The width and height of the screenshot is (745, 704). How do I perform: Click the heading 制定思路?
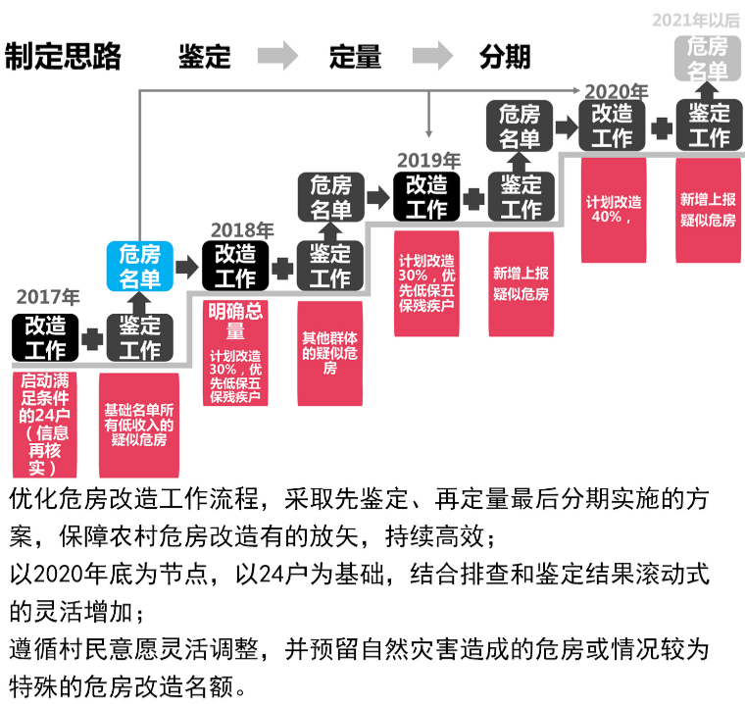coord(63,57)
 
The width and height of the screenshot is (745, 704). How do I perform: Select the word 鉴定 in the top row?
coord(204,57)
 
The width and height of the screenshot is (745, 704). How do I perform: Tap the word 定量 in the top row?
coord(355,57)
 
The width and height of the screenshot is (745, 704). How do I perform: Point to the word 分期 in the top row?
coord(505,57)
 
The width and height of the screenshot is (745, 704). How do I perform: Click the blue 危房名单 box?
coord(139,265)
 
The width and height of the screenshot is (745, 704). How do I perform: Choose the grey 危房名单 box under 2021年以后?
coord(707,58)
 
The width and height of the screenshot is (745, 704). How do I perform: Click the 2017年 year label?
coord(48,297)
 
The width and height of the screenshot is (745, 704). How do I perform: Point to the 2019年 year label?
coord(428,160)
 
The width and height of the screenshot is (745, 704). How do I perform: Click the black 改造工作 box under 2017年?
coord(45,336)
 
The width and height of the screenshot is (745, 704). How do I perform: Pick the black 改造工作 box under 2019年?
coord(426,196)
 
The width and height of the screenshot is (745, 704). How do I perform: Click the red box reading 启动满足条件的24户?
coord(46,424)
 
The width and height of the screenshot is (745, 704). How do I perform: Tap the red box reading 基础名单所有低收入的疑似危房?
coord(139,424)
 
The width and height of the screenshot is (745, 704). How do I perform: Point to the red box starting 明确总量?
coord(235,353)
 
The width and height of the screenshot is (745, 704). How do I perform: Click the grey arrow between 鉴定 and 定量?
coord(279,57)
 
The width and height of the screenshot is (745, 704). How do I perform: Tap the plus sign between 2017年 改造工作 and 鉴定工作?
coord(93,338)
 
